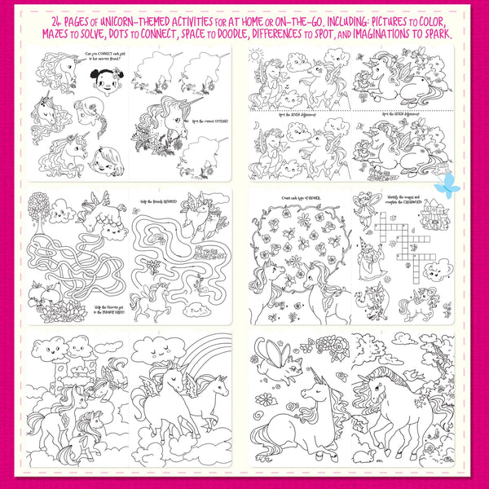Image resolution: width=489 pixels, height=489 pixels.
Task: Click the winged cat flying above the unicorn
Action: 278,356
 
